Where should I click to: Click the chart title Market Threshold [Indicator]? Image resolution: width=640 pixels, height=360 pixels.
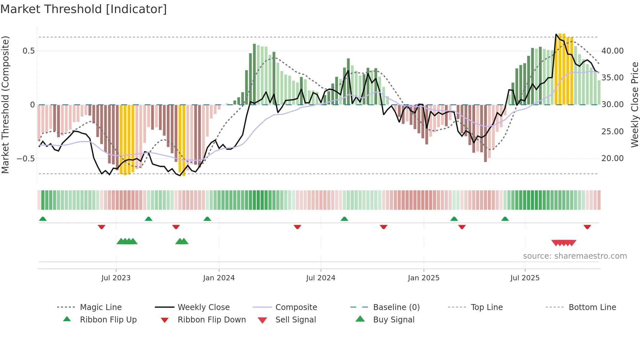(84, 9)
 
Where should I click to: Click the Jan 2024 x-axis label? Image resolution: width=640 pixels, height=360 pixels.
(219, 278)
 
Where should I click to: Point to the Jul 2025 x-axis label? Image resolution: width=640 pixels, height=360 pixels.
(525, 278)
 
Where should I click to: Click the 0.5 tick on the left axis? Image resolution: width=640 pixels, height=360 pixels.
(29, 51)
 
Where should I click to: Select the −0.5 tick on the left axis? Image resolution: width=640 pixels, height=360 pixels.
(26, 159)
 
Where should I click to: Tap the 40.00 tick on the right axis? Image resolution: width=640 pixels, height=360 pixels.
(612, 51)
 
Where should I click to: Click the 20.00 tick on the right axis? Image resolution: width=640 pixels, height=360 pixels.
(612, 158)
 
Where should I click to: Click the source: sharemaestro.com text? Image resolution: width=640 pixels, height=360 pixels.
(575, 256)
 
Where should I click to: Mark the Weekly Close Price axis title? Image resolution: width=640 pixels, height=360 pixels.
(634, 105)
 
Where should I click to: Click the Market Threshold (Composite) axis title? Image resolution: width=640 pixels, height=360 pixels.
(5, 105)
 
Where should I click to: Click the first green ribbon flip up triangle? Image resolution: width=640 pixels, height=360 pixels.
(43, 219)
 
